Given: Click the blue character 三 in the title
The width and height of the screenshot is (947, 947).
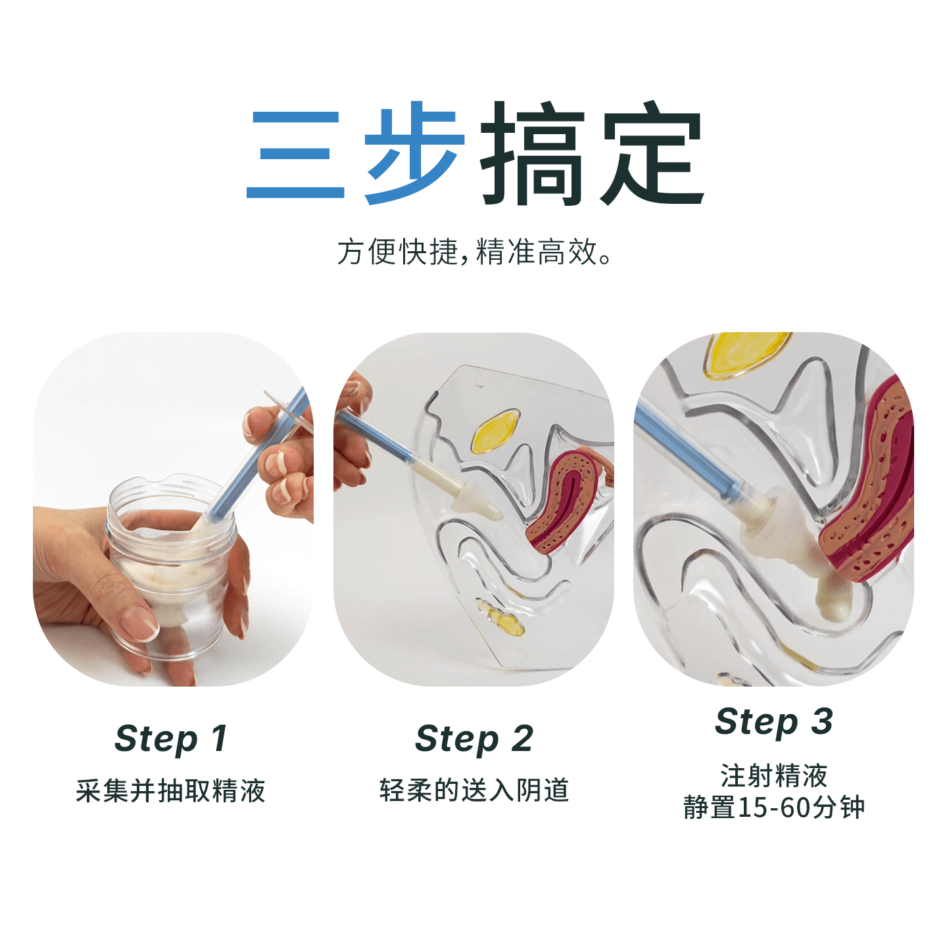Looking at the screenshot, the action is point(295,155).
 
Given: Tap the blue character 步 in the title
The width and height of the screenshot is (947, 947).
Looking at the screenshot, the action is point(414,153).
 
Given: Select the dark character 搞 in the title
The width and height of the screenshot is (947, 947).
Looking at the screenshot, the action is point(533,153).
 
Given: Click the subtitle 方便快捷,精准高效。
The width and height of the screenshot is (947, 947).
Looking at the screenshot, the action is point(473,252).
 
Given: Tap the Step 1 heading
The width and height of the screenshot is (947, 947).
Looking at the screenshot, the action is point(171,739).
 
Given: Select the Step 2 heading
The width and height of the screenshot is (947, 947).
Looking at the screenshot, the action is point(473,739).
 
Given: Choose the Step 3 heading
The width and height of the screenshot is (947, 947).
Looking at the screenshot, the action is point(774,722).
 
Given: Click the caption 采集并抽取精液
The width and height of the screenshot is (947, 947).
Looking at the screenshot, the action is point(170,790).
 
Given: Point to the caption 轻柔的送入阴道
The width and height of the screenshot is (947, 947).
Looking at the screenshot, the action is point(473,790).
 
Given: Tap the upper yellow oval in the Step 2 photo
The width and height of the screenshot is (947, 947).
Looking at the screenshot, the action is point(496,431).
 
